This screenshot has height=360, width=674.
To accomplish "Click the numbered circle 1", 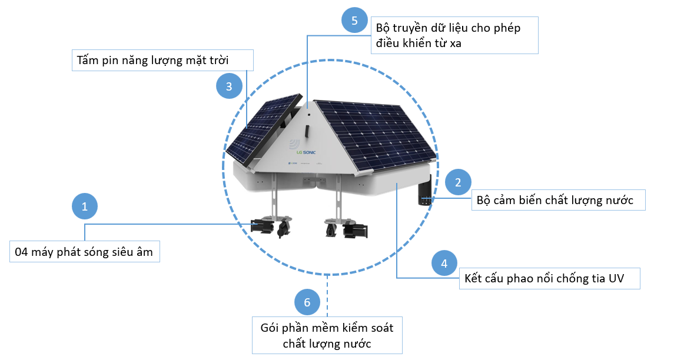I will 85,206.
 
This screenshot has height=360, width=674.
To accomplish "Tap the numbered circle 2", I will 458,182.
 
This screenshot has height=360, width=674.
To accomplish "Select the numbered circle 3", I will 229,86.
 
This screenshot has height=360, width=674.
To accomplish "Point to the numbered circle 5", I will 354,21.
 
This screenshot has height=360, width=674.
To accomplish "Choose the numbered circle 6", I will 307,302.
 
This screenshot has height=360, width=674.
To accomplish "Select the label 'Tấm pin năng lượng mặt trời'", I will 162,61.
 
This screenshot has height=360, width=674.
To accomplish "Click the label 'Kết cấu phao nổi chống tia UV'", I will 549,278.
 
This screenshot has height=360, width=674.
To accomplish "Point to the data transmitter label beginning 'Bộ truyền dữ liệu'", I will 454,35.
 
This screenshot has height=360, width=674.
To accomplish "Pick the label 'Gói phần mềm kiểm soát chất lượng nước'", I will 327,335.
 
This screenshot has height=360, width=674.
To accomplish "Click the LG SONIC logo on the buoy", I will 305,152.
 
